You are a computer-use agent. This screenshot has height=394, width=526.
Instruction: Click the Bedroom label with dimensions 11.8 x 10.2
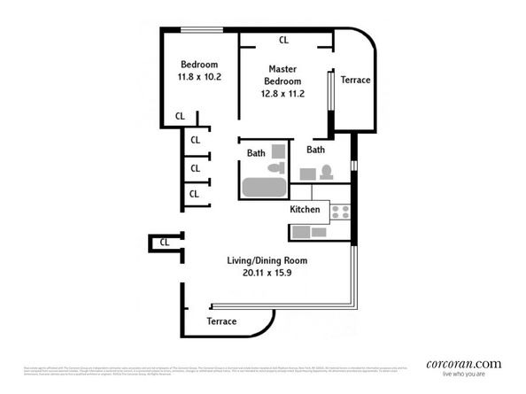[199, 71]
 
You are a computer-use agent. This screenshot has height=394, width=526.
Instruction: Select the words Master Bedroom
[282, 75]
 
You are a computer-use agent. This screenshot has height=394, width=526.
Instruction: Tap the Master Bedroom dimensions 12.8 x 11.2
[282, 93]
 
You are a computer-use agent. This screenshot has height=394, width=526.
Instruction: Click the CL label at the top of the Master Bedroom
[284, 40]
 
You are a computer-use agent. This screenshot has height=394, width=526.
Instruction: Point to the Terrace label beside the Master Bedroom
[354, 81]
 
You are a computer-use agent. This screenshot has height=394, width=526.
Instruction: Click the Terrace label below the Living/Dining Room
[221, 321]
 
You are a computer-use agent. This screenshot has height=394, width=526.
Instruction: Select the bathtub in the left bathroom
[264, 188]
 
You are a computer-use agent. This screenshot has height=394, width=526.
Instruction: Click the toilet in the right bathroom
[326, 172]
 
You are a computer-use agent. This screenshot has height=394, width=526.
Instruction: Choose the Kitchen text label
[305, 210]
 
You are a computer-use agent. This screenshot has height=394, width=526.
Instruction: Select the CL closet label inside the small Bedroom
[180, 116]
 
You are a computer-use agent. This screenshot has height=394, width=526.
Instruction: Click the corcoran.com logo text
[463, 363]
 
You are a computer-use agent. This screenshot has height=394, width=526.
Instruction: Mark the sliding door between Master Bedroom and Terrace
[331, 102]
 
